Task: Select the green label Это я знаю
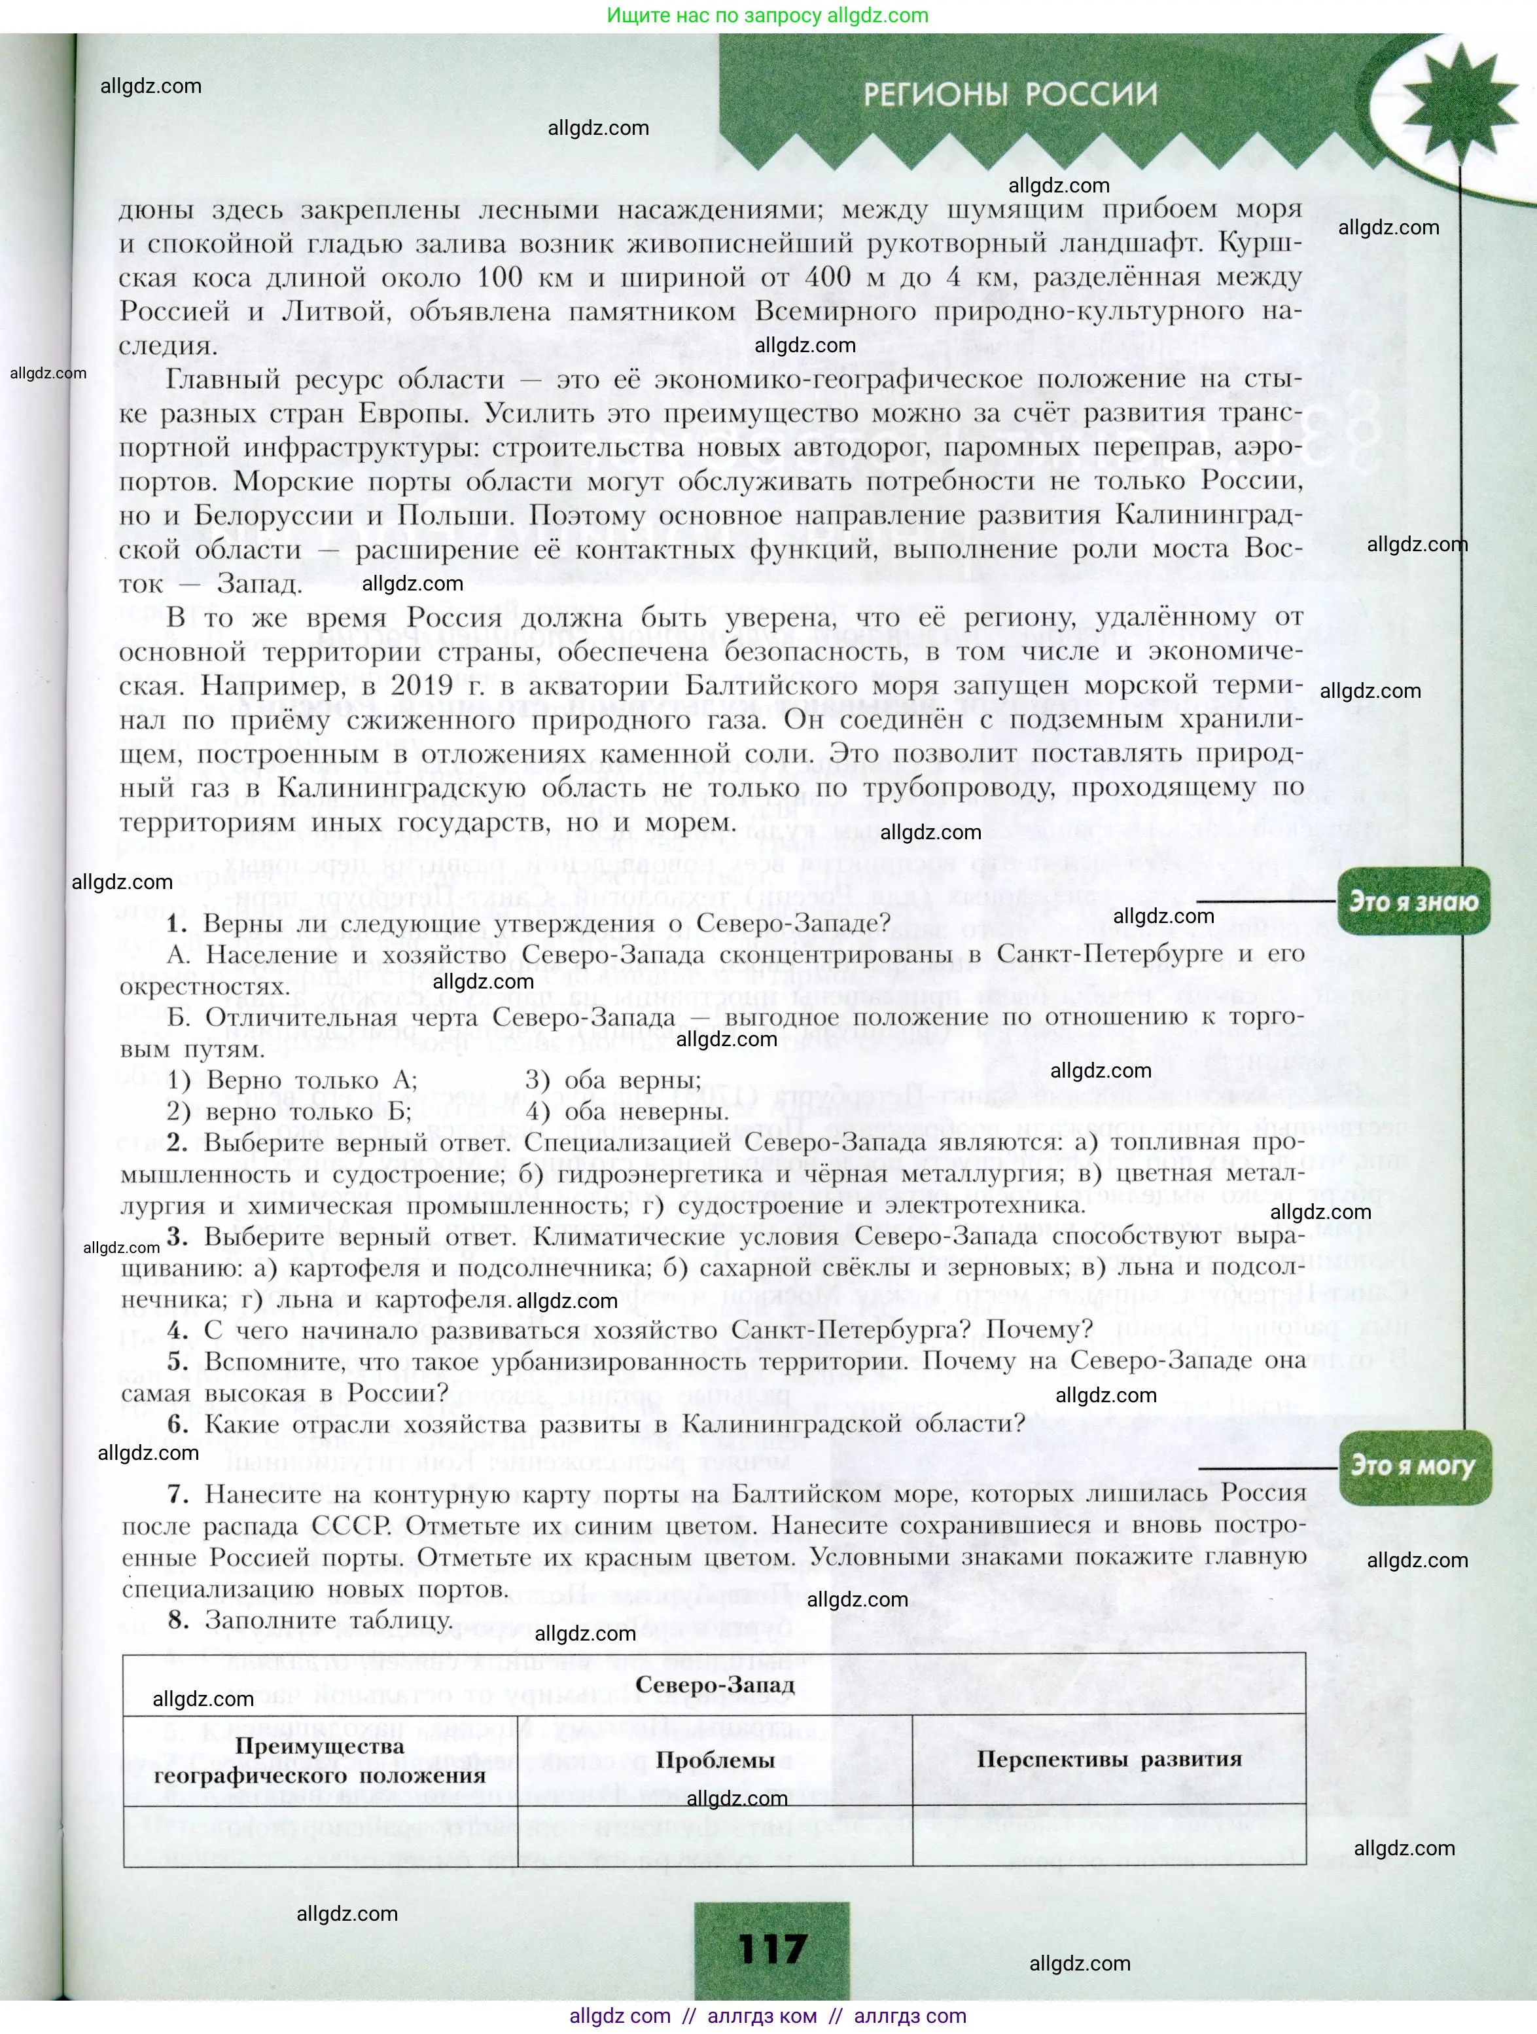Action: point(1413,901)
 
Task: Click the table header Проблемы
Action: point(715,1760)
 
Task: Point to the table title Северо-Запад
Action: point(715,1684)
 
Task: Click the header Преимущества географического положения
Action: point(319,1760)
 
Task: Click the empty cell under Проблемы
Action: point(715,1836)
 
